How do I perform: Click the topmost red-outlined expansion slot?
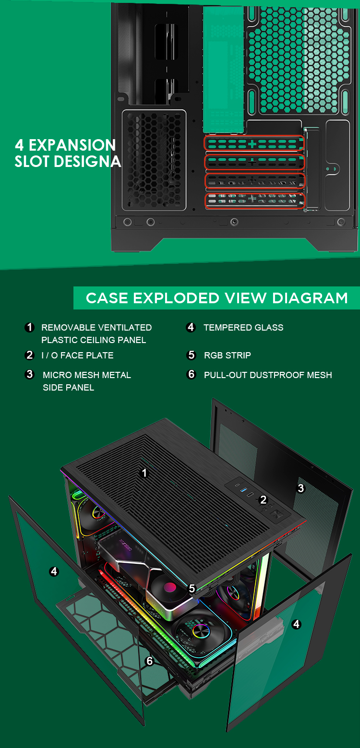254,143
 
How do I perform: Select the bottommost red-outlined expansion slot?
255,201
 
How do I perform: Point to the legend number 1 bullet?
29,327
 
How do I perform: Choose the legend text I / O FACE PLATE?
77,356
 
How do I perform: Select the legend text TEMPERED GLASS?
243,328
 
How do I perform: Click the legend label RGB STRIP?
228,356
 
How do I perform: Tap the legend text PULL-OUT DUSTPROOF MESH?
268,375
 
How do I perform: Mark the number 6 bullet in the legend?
191,374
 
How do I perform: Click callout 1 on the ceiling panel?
144,473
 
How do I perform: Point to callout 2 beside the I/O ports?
263,499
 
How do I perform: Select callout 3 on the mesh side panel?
301,488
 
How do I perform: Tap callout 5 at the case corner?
192,588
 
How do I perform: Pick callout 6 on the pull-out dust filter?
150,661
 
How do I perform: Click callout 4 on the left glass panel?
54,571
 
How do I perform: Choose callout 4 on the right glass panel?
296,624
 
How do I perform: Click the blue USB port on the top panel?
243,489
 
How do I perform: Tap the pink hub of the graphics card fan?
169,587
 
